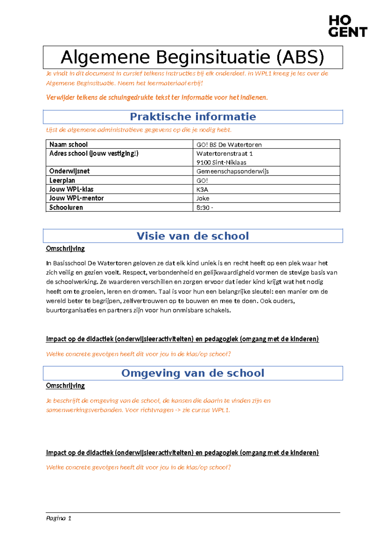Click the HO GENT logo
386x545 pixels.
click(347, 26)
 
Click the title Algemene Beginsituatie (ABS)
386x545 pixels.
click(192, 57)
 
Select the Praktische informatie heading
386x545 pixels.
click(193, 117)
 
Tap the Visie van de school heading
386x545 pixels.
click(193, 236)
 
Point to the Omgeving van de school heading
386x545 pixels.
click(193, 373)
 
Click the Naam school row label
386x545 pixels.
click(69, 145)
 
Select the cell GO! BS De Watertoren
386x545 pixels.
click(229, 145)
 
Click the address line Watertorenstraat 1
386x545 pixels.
click(225, 154)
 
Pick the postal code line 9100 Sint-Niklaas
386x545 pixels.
click(221, 163)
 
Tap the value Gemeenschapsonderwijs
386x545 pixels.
click(232, 171)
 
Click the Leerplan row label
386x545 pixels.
click(62, 180)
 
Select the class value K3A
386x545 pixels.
click(202, 190)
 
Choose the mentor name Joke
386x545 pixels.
click(203, 198)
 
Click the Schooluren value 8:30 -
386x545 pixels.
click(205, 208)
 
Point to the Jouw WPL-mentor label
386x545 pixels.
click(77, 198)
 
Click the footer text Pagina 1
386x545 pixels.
click(59, 518)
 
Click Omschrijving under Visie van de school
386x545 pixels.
click(65, 248)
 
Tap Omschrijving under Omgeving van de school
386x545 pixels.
click(65, 386)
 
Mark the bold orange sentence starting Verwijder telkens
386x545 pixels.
click(157, 97)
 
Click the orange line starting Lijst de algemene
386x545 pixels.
click(139, 130)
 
